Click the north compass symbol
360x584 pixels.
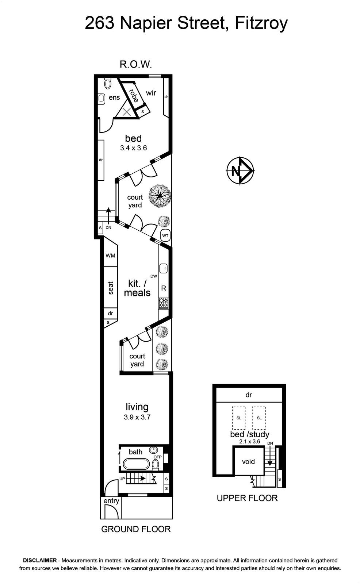pyautogui.click(x=240, y=171)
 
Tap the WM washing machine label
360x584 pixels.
pyautogui.click(x=110, y=255)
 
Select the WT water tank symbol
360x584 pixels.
pyautogui.click(x=165, y=236)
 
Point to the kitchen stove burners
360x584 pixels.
pyautogui.click(x=164, y=303)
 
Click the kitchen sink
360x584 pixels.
pyautogui.click(x=164, y=268)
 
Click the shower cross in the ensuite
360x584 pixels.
pyautogui.click(x=127, y=112)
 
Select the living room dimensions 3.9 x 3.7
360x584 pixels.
pyautogui.click(x=137, y=417)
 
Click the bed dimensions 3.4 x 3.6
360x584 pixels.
pyautogui.click(x=133, y=148)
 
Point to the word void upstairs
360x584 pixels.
pyautogui.click(x=248, y=462)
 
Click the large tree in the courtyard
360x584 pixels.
pyautogui.click(x=160, y=196)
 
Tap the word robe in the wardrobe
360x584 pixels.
pyautogui.click(x=133, y=96)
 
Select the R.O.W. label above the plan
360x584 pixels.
pyautogui.click(x=136, y=64)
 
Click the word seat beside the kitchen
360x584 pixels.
pyautogui.click(x=111, y=288)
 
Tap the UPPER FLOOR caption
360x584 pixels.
pyautogui.click(x=247, y=498)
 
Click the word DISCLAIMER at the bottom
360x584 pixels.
pyautogui.click(x=40, y=560)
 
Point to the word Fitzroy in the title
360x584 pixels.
pyautogui.click(x=261, y=23)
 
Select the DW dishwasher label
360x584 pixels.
pyautogui.click(x=154, y=276)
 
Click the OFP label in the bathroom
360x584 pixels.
pyautogui.click(x=157, y=457)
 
